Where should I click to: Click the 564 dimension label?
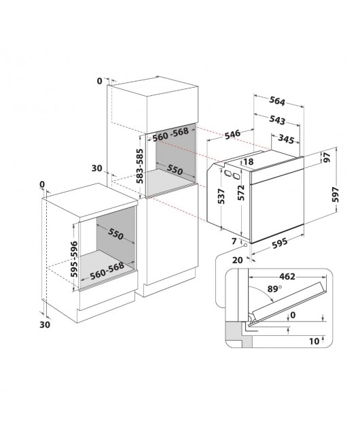click(x=277, y=101)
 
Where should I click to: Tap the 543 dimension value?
click(x=277, y=120)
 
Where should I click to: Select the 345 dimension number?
click(x=286, y=139)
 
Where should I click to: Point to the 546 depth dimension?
click(x=232, y=134)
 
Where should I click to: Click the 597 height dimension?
click(x=336, y=194)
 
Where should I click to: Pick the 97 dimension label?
click(x=327, y=158)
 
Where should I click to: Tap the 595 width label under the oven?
click(x=280, y=243)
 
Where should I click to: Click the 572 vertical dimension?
click(x=241, y=192)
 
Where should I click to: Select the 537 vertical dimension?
click(x=221, y=197)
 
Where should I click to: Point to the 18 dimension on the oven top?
click(x=248, y=162)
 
